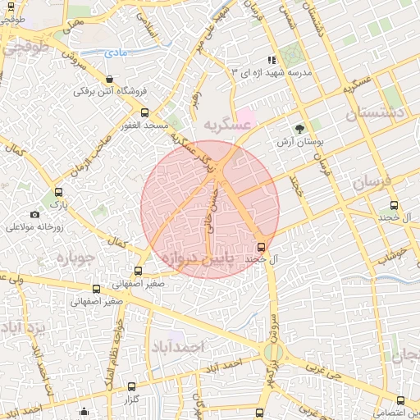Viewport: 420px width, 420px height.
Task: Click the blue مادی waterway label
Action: pos(117,52)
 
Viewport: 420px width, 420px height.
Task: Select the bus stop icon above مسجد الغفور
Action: pos(145,112)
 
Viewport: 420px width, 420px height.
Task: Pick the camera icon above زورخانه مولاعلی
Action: pos(34,214)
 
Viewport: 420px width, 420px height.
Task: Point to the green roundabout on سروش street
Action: pos(272,353)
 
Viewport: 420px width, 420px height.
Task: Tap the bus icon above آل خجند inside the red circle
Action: pos(261,247)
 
